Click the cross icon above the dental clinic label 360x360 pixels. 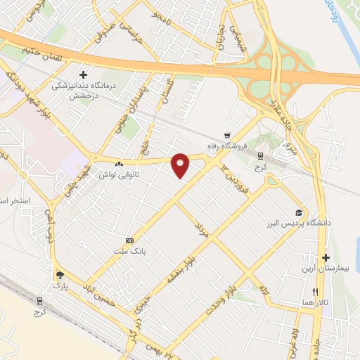pyautogui.click(x=83, y=74)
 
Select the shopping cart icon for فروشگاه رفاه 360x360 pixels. pyautogui.click(x=226, y=136)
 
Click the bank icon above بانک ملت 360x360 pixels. pyautogui.click(x=129, y=240)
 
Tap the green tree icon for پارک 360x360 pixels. pyautogui.click(x=59, y=276)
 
